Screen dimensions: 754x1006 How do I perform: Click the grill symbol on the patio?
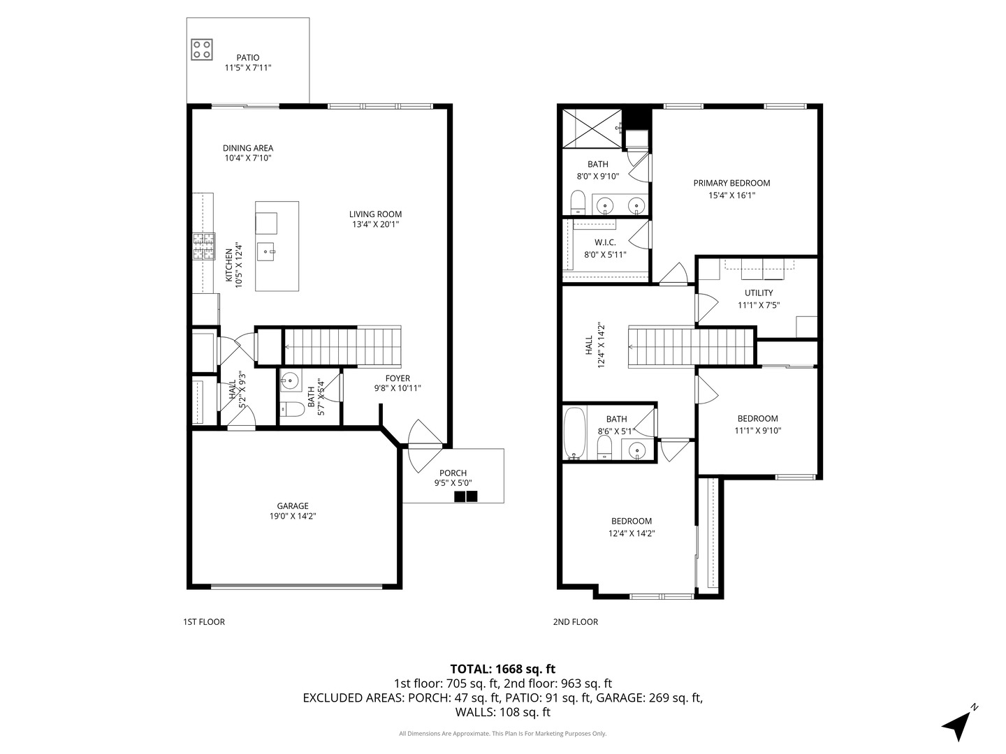pyautogui.click(x=202, y=49)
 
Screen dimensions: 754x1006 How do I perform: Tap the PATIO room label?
pyautogui.click(x=247, y=58)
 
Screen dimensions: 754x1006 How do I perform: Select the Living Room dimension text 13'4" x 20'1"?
pyautogui.click(x=375, y=225)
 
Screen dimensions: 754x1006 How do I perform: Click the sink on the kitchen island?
pyautogui.click(x=266, y=250)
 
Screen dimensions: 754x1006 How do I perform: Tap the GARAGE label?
pyautogui.click(x=293, y=506)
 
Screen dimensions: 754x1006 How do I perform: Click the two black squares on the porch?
pyautogui.click(x=466, y=496)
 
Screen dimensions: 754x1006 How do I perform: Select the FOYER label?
pyautogui.click(x=398, y=378)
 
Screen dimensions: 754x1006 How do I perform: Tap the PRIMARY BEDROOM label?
pyautogui.click(x=731, y=183)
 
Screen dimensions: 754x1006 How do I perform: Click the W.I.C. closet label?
pyautogui.click(x=605, y=242)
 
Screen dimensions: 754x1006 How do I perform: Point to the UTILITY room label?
pyautogui.click(x=758, y=293)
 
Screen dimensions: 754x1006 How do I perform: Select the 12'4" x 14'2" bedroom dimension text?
pyautogui.click(x=632, y=533)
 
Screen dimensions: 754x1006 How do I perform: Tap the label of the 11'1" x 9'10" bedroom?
pyautogui.click(x=757, y=419)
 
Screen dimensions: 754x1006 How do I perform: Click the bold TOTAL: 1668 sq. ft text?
pyautogui.click(x=503, y=669)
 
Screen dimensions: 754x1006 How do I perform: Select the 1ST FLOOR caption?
pyautogui.click(x=204, y=622)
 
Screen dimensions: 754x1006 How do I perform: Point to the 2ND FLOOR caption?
pyautogui.click(x=576, y=622)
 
